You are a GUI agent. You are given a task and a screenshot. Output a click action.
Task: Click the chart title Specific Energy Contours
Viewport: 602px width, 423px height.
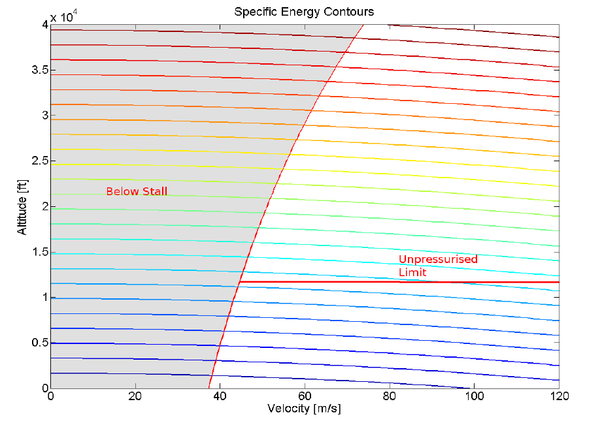pyautogui.click(x=304, y=12)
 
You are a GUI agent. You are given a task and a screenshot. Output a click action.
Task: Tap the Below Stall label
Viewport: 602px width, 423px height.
pyautogui.click(x=137, y=191)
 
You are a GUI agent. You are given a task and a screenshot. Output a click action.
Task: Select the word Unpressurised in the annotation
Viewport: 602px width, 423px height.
pyautogui.click(x=438, y=259)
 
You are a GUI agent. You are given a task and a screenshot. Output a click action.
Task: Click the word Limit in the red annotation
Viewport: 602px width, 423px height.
pyautogui.click(x=412, y=272)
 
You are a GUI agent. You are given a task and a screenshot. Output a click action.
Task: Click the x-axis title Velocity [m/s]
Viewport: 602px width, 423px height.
pyautogui.click(x=305, y=409)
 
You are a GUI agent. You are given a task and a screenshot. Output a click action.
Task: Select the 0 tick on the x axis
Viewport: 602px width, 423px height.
pyautogui.click(x=50, y=396)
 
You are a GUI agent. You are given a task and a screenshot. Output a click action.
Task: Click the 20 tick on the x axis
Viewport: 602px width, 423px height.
pyautogui.click(x=135, y=396)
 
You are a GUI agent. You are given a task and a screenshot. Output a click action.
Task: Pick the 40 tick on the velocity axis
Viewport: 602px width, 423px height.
pyautogui.click(x=220, y=396)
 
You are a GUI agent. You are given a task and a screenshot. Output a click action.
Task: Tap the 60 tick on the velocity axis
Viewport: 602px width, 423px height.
pyautogui.click(x=305, y=396)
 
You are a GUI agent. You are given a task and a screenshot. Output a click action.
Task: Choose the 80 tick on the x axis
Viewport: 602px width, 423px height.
pyautogui.click(x=390, y=396)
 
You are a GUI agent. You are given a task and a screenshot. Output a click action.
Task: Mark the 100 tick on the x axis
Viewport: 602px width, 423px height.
pyautogui.click(x=475, y=396)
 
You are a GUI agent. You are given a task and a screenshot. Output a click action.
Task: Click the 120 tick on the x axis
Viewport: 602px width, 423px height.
pyautogui.click(x=559, y=396)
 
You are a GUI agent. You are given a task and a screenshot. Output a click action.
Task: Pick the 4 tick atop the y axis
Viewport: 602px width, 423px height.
pyautogui.click(x=45, y=25)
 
